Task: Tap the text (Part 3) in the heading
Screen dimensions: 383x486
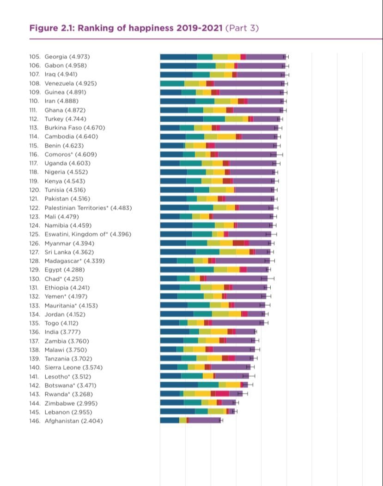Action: click(x=242, y=28)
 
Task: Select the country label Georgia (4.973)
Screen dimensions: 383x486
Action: click(x=67, y=57)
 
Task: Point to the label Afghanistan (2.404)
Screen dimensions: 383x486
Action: click(x=73, y=421)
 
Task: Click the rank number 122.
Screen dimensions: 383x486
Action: click(x=35, y=207)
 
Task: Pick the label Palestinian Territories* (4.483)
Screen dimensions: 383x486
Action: click(x=88, y=207)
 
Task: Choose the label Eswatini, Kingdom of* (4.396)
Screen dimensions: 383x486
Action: click(x=88, y=234)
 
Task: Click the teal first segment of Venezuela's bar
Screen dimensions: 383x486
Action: click(x=172, y=83)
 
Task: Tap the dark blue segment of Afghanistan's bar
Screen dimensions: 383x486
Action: click(x=170, y=420)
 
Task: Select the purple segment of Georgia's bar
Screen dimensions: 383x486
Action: click(x=266, y=57)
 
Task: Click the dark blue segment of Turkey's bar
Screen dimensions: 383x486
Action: click(x=182, y=119)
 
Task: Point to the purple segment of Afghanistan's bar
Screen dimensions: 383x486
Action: click(x=204, y=420)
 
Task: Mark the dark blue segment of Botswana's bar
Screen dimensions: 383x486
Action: click(x=179, y=385)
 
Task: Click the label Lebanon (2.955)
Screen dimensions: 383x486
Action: click(x=68, y=412)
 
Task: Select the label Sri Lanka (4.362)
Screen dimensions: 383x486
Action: click(x=69, y=252)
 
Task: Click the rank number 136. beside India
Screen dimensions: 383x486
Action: click(x=35, y=332)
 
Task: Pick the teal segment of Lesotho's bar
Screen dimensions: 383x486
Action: click(x=192, y=376)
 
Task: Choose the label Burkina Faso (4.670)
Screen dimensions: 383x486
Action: click(x=75, y=128)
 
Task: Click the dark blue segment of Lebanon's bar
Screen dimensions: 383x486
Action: click(x=178, y=411)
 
